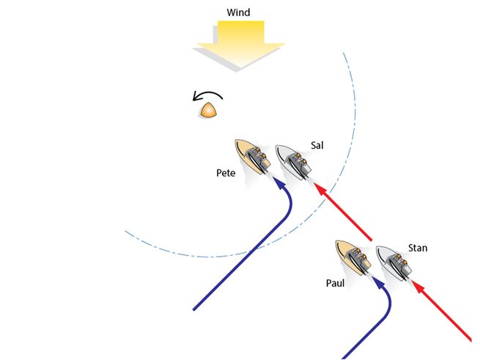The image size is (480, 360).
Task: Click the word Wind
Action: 238,12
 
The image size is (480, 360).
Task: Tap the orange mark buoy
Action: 209,110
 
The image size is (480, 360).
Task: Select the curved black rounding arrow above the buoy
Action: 207,95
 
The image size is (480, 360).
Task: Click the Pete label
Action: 226,173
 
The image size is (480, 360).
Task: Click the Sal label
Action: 317,145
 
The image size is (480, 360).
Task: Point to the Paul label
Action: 335,283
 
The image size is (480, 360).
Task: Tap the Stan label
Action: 418,248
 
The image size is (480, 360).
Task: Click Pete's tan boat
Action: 253,157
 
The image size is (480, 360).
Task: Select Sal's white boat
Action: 294,162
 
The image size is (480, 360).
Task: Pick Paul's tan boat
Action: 353,257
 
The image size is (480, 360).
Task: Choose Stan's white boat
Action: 394,263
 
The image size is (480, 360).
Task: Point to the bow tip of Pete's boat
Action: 236,140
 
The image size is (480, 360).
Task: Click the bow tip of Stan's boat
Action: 377,247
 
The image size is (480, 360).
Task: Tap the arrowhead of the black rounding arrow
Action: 196,98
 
